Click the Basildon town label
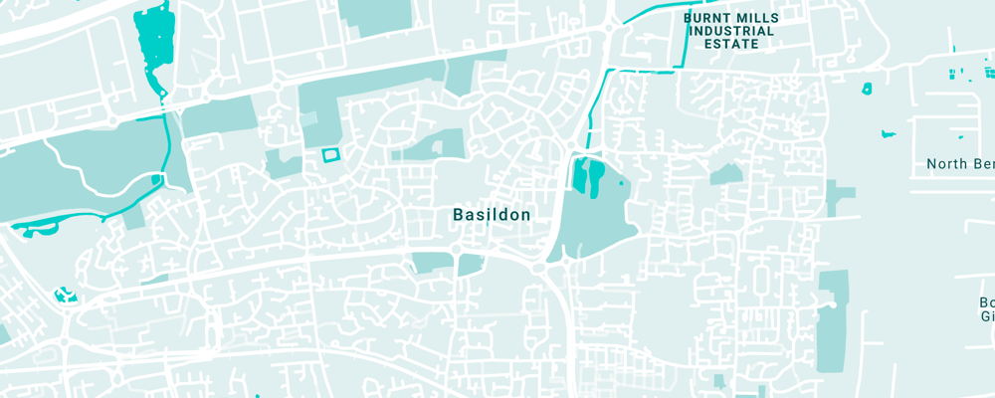click(x=492, y=214)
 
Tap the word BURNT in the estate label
click(x=706, y=17)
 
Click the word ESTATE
click(x=731, y=45)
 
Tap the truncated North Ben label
click(x=959, y=163)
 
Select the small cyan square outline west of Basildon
click(x=329, y=154)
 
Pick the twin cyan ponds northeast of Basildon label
click(x=588, y=175)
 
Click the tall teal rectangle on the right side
click(x=832, y=320)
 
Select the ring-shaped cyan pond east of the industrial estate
click(x=867, y=89)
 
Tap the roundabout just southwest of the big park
click(x=540, y=267)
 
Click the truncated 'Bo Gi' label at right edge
click(x=985, y=308)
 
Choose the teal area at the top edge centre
click(x=374, y=15)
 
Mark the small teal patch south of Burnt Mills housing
click(x=725, y=174)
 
